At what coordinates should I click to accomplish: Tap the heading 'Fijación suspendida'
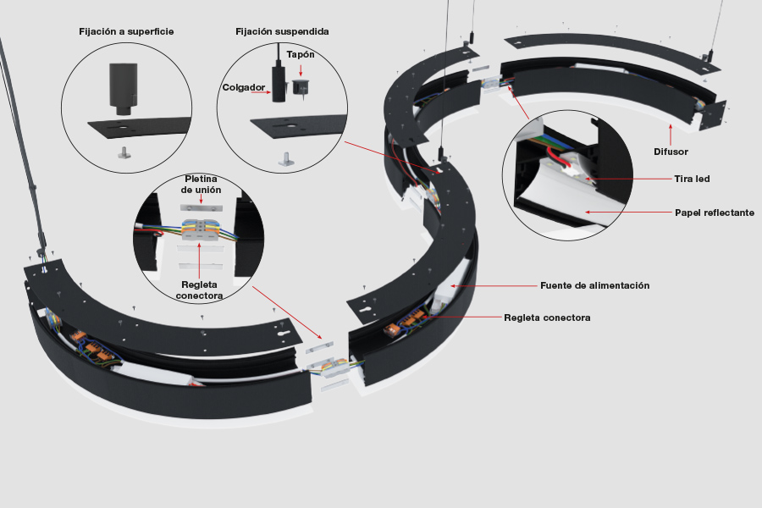click(282, 31)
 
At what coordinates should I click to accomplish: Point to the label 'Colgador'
click(244, 87)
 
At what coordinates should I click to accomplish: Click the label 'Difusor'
click(671, 152)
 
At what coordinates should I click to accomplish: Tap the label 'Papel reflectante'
click(715, 212)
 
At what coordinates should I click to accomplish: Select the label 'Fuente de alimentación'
click(594, 285)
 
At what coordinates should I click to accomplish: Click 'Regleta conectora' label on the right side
click(547, 317)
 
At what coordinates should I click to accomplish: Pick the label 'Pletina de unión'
click(202, 185)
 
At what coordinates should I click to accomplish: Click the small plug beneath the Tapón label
click(299, 88)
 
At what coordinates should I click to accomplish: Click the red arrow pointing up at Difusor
click(671, 132)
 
